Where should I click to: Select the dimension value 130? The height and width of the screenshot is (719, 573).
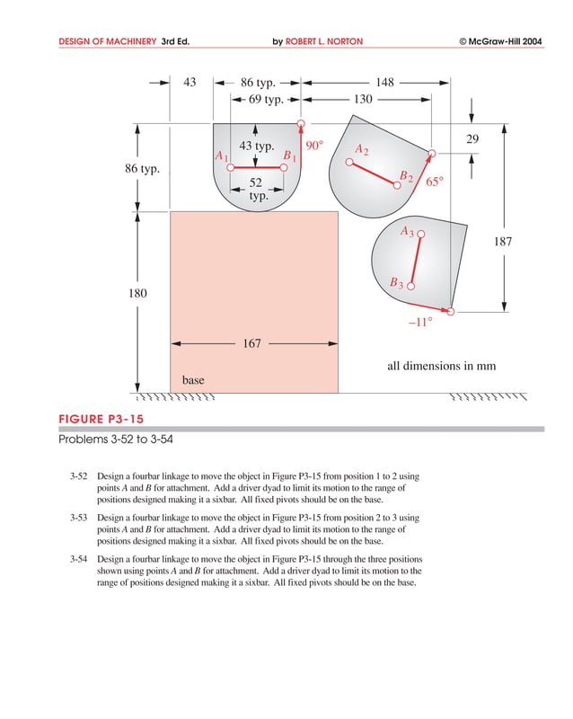(x=363, y=99)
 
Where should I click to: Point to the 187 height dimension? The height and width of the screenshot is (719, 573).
(x=504, y=241)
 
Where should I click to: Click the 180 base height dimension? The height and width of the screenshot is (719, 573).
(x=137, y=294)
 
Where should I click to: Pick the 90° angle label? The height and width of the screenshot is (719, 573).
(x=313, y=145)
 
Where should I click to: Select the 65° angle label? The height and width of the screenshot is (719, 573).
(x=434, y=182)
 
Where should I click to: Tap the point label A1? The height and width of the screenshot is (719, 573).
(x=222, y=156)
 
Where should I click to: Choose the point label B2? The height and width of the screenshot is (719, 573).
(x=406, y=175)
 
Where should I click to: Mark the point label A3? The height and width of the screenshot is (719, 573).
(x=407, y=231)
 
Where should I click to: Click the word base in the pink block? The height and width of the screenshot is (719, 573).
(x=193, y=380)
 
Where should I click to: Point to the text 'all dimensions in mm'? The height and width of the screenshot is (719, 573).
(x=441, y=366)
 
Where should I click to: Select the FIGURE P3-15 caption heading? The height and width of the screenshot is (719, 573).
(x=100, y=419)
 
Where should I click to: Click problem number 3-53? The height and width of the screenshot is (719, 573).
(x=80, y=519)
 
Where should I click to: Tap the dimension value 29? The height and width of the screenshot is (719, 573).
(x=472, y=138)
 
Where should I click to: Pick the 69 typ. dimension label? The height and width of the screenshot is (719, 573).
(x=266, y=99)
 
